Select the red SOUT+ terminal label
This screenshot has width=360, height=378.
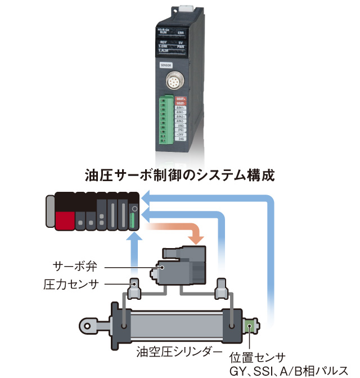pos(181,98)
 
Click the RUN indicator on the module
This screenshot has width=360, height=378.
pos(163,33)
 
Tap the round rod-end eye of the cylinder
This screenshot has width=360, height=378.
pos(89,325)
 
